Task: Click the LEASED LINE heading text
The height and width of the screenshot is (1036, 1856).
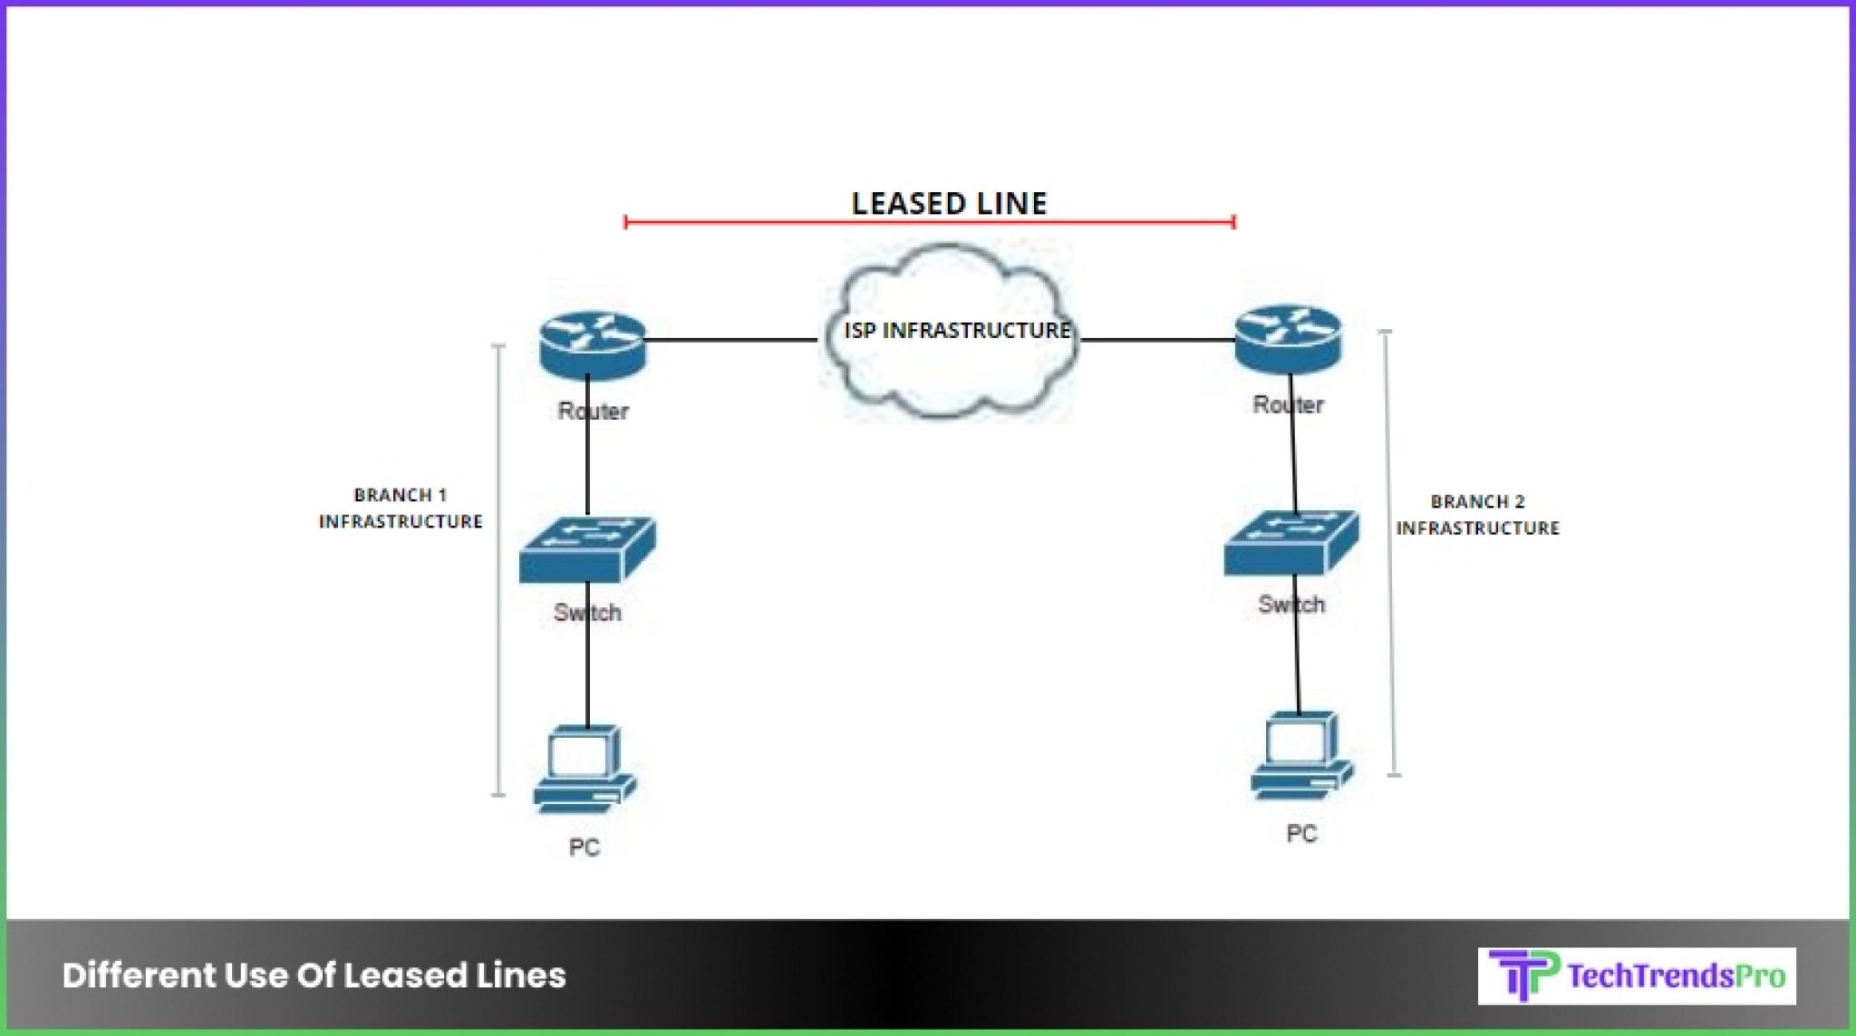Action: (x=949, y=203)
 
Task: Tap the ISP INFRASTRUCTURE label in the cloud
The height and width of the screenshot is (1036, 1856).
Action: (x=957, y=330)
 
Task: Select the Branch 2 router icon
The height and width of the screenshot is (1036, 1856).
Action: (x=1288, y=339)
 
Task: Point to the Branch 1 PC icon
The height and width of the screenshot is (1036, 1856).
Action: (x=585, y=769)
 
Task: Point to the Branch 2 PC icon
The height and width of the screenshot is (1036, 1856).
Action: (x=1301, y=756)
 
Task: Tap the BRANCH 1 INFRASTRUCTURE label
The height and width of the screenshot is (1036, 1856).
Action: (x=401, y=508)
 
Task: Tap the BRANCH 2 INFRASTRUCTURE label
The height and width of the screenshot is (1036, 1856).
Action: (x=1477, y=515)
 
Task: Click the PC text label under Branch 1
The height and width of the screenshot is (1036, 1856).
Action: (x=584, y=847)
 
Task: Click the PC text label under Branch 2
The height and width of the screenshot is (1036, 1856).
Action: (x=1301, y=834)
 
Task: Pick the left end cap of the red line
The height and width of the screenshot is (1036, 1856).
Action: (x=626, y=221)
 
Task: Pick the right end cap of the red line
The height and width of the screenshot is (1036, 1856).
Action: (x=1233, y=221)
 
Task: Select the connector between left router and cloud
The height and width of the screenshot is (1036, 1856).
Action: (x=730, y=340)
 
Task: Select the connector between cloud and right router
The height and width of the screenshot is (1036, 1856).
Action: (x=1157, y=340)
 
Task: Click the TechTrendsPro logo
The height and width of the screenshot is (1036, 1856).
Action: (x=1637, y=976)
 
